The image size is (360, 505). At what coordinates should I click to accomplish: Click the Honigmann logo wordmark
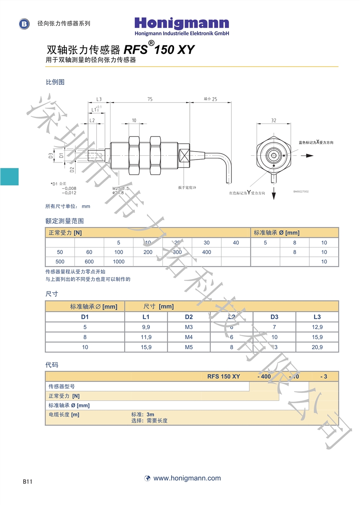(182, 23)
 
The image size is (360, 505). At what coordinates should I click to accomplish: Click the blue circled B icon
(25, 24)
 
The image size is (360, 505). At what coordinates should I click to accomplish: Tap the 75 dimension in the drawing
(150, 99)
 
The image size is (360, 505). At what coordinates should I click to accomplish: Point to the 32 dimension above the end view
(273, 120)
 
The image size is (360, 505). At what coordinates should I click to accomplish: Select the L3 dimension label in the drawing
(99, 99)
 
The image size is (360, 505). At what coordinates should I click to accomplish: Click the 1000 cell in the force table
(118, 262)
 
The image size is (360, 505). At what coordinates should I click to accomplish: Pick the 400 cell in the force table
(206, 252)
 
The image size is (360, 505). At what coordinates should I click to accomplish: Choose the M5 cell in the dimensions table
(189, 347)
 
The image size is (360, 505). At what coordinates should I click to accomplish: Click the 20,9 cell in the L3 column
(317, 347)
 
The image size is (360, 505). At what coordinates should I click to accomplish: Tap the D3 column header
(274, 317)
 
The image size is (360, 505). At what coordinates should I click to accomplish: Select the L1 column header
(146, 317)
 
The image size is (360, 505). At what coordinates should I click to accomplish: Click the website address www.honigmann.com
(187, 478)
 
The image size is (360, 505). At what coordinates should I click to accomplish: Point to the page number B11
(28, 482)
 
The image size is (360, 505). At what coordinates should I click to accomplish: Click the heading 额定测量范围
(64, 221)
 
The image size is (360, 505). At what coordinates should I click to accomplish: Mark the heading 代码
(52, 365)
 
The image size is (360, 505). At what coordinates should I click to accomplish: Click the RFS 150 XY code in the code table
(224, 376)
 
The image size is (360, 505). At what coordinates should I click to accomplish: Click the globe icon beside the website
(147, 478)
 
